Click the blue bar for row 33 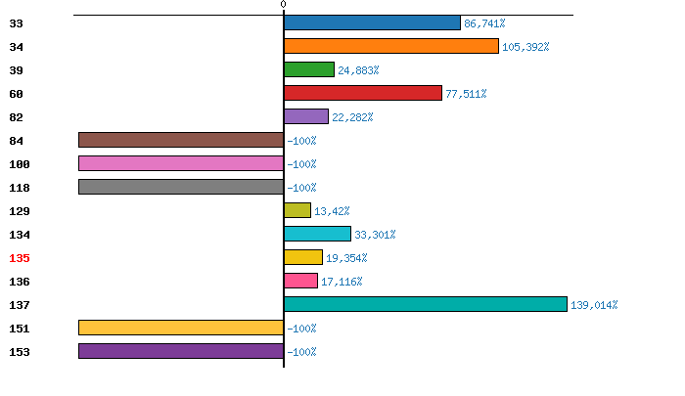[372, 22]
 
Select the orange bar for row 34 [391, 46]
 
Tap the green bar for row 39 [309, 69]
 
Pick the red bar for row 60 [363, 93]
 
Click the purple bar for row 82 [306, 116]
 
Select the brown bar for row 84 [181, 140]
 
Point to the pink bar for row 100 [181, 163]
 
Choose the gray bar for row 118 [181, 187]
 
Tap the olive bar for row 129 [297, 210]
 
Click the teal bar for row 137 [426, 304]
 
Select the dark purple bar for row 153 [181, 351]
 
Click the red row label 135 [20, 258]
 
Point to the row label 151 [20, 329]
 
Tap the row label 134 [20, 235]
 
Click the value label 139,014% [594, 305]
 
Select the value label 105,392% [525, 47]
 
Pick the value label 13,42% [332, 211]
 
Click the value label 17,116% [342, 282]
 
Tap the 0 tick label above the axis [284, 5]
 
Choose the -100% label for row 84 [301, 141]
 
